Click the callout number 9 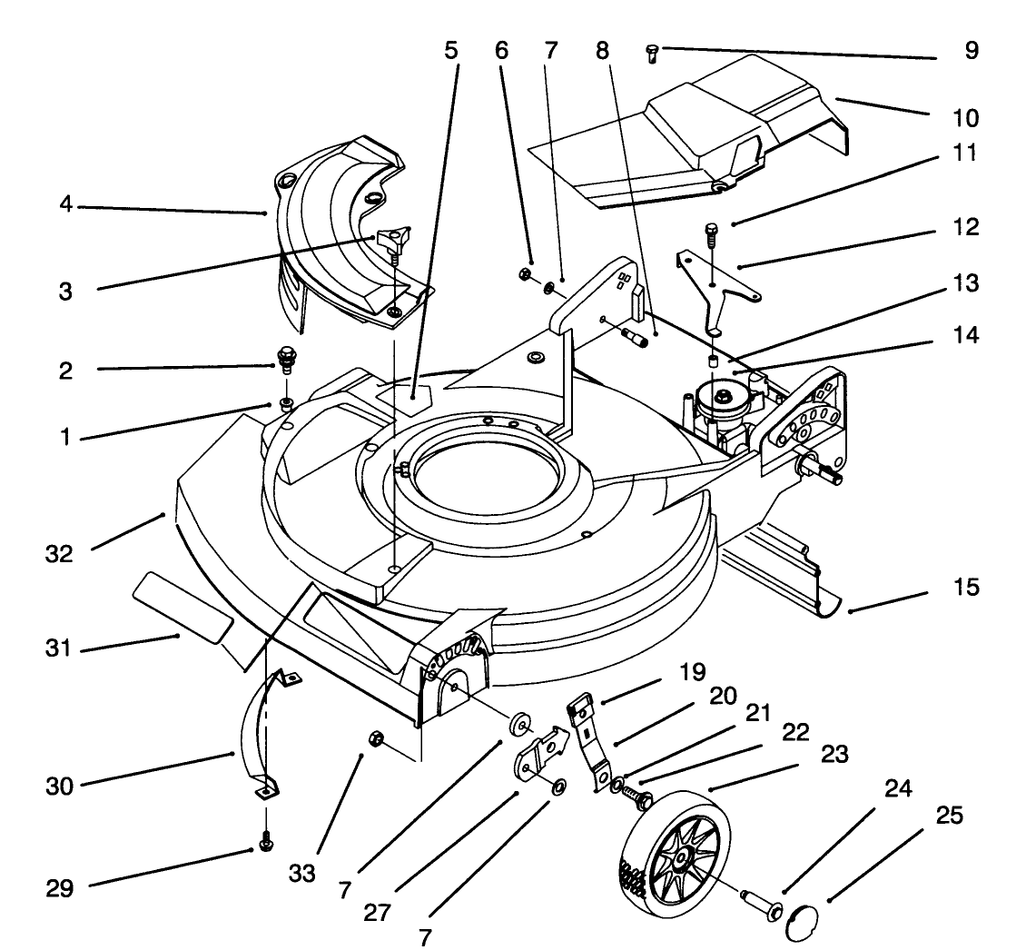click(972, 52)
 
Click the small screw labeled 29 click(266, 842)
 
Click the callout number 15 click(966, 588)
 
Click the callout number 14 click(966, 335)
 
